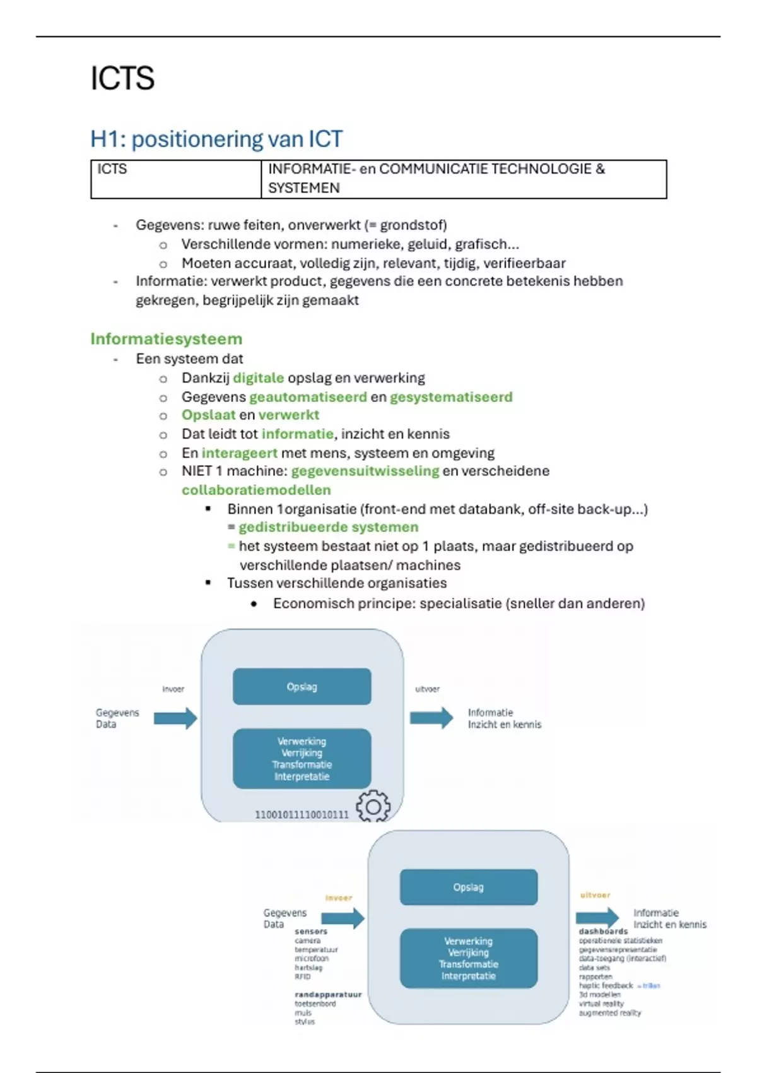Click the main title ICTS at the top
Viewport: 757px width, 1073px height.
pyautogui.click(x=122, y=78)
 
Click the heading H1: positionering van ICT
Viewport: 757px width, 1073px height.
pyautogui.click(x=216, y=139)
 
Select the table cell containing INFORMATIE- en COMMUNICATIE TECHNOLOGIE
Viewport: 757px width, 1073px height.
pyautogui.click(x=464, y=179)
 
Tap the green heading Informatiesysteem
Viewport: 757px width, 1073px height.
pyautogui.click(x=166, y=339)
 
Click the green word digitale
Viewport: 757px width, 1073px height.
pyautogui.click(x=258, y=378)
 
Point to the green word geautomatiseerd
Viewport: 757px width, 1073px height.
pyautogui.click(x=308, y=397)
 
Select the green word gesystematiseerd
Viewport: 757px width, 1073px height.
pyautogui.click(x=451, y=397)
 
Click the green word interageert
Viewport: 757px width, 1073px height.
pyautogui.click(x=239, y=453)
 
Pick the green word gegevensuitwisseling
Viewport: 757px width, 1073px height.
pyautogui.click(x=365, y=471)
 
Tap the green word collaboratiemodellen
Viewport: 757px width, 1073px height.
pyautogui.click(x=256, y=490)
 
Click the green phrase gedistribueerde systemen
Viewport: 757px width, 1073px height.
pyautogui.click(x=328, y=527)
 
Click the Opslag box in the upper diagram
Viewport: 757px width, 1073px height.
pyautogui.click(x=302, y=687)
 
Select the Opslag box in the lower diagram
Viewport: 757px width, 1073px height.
pyautogui.click(x=468, y=887)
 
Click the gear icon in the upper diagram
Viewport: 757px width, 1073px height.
pyautogui.click(x=373, y=806)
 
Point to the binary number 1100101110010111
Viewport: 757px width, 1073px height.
pyautogui.click(x=302, y=815)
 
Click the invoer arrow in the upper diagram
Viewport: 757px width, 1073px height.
pyautogui.click(x=175, y=718)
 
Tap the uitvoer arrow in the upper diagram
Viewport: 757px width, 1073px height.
pyautogui.click(x=431, y=718)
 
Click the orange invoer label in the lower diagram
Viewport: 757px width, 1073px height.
pyautogui.click(x=339, y=898)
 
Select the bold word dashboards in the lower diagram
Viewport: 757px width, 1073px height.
pyautogui.click(x=603, y=931)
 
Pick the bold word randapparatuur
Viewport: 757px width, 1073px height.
pyautogui.click(x=328, y=995)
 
